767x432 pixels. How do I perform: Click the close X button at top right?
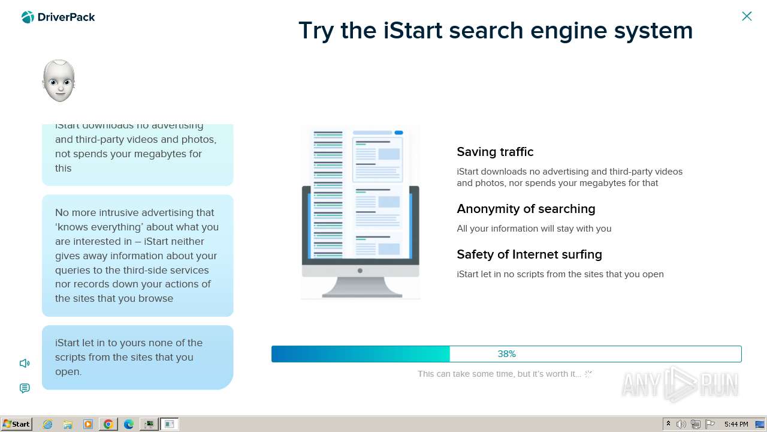pos(747,16)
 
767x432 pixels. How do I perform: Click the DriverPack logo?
pos(58,17)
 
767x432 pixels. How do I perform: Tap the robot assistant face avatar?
pos(59,80)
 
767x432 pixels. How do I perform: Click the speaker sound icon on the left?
pos(25,363)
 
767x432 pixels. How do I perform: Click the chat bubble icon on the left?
pos(25,388)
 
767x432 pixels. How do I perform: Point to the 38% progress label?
pos(506,354)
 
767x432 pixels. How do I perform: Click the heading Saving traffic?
pos(495,152)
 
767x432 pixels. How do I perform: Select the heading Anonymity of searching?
pos(526,209)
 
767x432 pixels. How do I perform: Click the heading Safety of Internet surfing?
pos(529,254)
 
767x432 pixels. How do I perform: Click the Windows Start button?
pos(17,424)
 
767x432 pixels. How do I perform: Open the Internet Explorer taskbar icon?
pos(47,424)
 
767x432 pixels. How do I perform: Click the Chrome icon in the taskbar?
pos(108,424)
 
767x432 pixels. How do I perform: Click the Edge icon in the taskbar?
pos(128,424)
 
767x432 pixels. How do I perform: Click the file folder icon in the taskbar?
pos(68,424)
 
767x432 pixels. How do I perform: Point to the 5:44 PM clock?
pos(736,424)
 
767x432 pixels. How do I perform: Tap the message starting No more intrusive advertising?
pos(137,256)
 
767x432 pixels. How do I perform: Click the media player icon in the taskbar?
pos(88,424)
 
